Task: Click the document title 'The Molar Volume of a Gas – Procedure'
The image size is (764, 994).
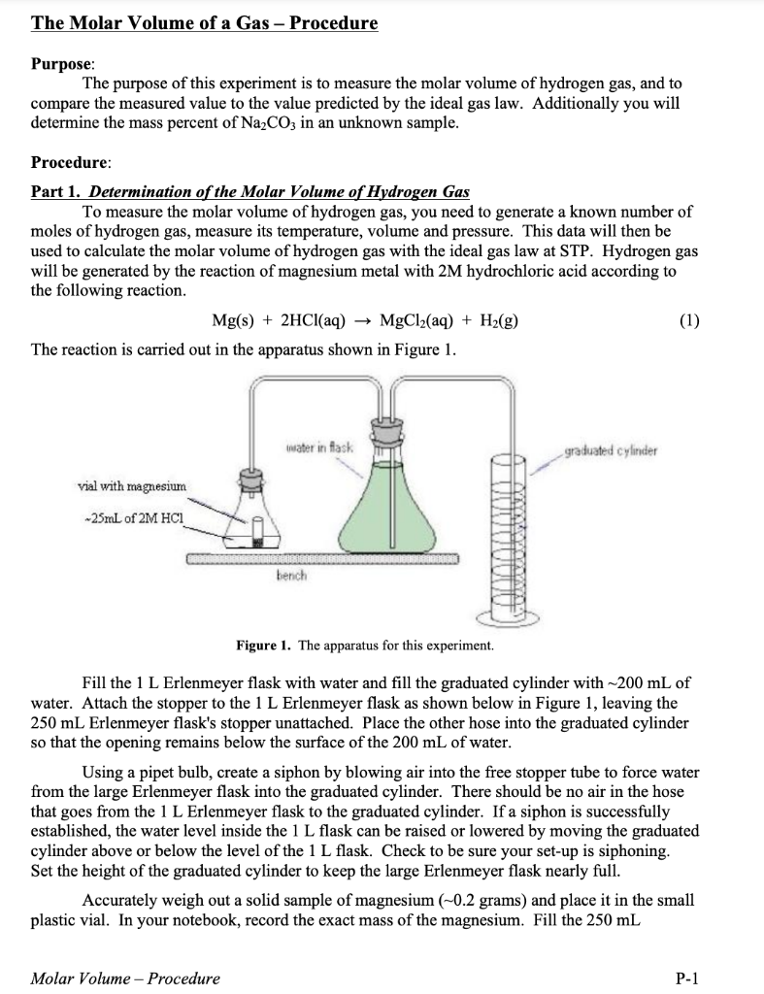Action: (205, 22)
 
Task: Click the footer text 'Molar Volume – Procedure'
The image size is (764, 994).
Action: (125, 977)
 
